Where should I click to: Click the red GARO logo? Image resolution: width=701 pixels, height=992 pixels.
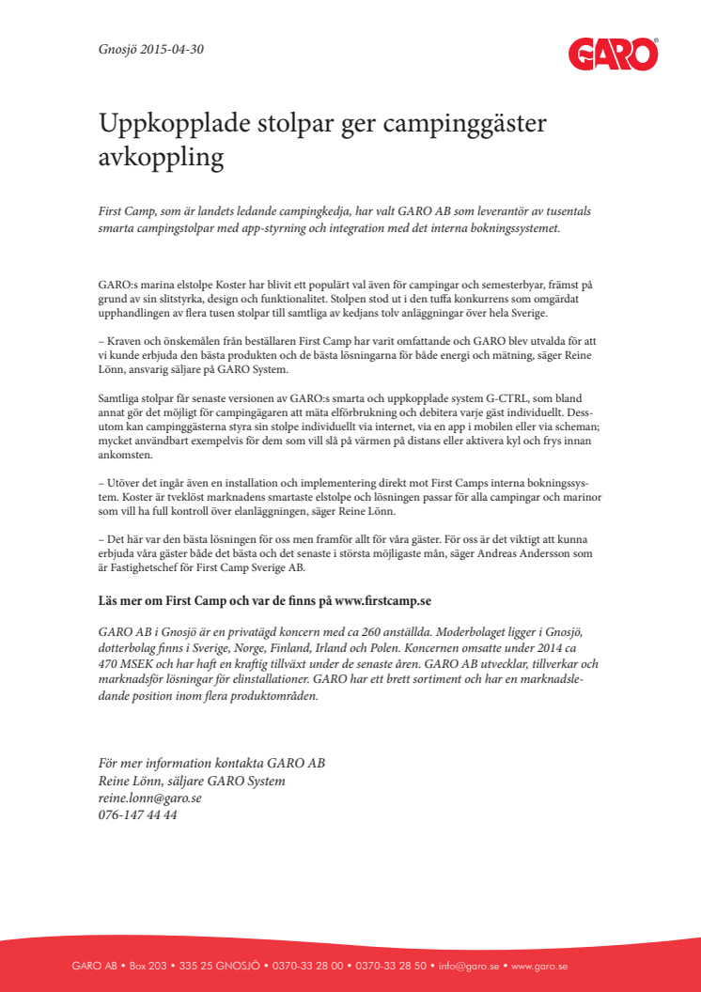(613, 54)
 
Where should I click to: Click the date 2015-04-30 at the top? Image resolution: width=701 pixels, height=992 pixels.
(172, 49)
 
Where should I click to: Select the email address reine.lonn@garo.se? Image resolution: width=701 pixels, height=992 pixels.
(149, 798)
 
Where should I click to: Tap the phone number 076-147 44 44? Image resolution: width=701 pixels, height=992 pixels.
(137, 814)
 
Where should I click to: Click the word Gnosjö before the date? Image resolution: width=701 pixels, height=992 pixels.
(118, 49)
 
